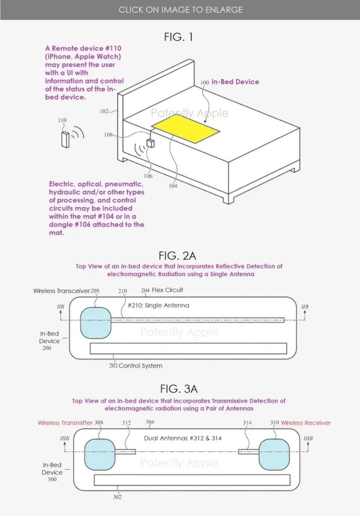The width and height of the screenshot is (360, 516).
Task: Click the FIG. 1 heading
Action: pos(179,37)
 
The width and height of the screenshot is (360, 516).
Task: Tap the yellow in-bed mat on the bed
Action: pos(186,129)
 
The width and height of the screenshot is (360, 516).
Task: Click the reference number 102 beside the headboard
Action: pos(104,111)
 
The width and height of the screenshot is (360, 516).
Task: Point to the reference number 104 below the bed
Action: pos(174,186)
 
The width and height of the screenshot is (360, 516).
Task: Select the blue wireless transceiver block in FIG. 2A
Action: pos(95,322)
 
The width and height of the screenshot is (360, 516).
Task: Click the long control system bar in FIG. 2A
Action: pos(188,348)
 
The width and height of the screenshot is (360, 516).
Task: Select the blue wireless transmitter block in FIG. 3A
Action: pos(100,455)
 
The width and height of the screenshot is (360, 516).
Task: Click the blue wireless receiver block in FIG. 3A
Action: pos(274,454)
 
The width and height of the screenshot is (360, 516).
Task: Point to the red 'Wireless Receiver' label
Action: pos(306,422)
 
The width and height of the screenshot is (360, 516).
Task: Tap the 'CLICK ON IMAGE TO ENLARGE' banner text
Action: pos(180,10)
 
